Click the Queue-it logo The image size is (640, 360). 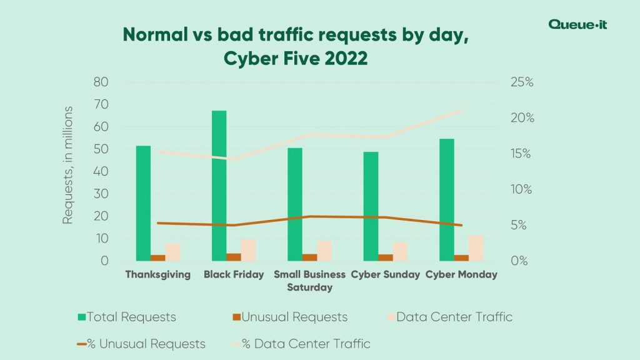pos(577,24)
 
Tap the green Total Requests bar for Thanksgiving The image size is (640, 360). pos(143,203)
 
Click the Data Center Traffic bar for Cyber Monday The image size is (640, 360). pos(476,248)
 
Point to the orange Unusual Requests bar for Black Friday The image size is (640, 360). pos(234,257)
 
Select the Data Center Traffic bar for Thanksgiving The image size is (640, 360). pos(172,252)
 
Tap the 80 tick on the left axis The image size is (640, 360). pos(101,82)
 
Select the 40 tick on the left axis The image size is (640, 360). pos(101,171)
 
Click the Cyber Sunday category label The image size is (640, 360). pos(385,274)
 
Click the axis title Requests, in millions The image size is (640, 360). pos(68,165)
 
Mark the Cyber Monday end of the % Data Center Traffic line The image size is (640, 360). pos(462,111)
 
